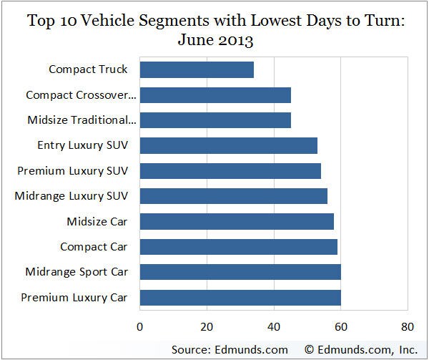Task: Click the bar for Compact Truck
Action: point(197,69)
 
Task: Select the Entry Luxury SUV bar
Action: point(228,145)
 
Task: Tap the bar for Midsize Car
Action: point(237,221)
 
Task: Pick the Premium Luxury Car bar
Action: point(240,297)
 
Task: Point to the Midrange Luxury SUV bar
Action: point(233,196)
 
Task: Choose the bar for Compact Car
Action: point(238,247)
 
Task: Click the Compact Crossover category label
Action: point(81,95)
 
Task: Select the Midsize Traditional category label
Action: point(81,120)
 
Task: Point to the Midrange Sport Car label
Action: point(77,272)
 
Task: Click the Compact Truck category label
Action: point(88,69)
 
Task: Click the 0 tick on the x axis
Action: point(139,327)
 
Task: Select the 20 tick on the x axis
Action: point(207,327)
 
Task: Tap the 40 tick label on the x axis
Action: point(274,327)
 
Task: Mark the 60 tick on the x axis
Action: point(341,327)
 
